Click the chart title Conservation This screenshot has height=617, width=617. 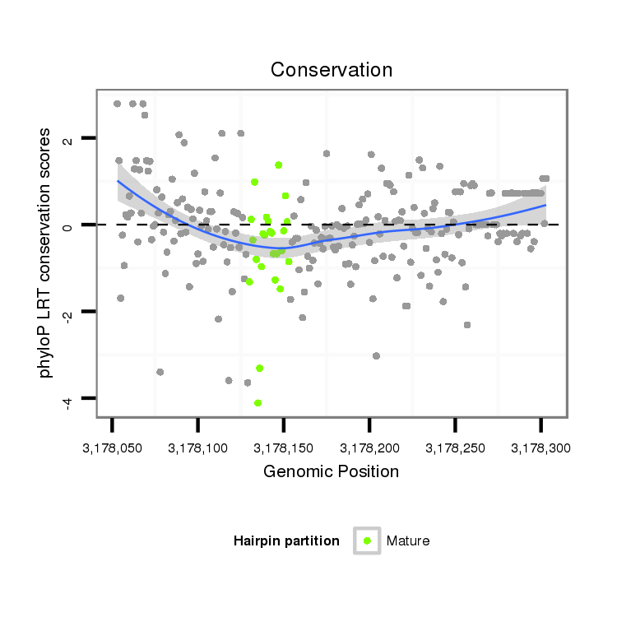[x=332, y=70]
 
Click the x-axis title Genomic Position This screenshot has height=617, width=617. [x=331, y=472]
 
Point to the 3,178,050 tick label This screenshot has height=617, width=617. [x=111, y=449]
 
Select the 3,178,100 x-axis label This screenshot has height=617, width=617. [x=197, y=449]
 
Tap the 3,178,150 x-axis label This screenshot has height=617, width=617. [x=283, y=449]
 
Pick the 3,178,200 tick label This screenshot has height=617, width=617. [x=369, y=449]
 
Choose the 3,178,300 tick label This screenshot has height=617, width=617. [x=540, y=449]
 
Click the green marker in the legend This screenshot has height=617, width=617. [x=367, y=540]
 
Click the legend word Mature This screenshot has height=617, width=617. [x=408, y=541]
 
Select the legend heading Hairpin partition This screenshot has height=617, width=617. [x=286, y=541]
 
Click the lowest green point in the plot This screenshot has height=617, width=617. [x=257, y=403]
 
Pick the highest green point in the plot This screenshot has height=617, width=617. [x=279, y=165]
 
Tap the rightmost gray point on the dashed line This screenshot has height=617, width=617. [x=544, y=223]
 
